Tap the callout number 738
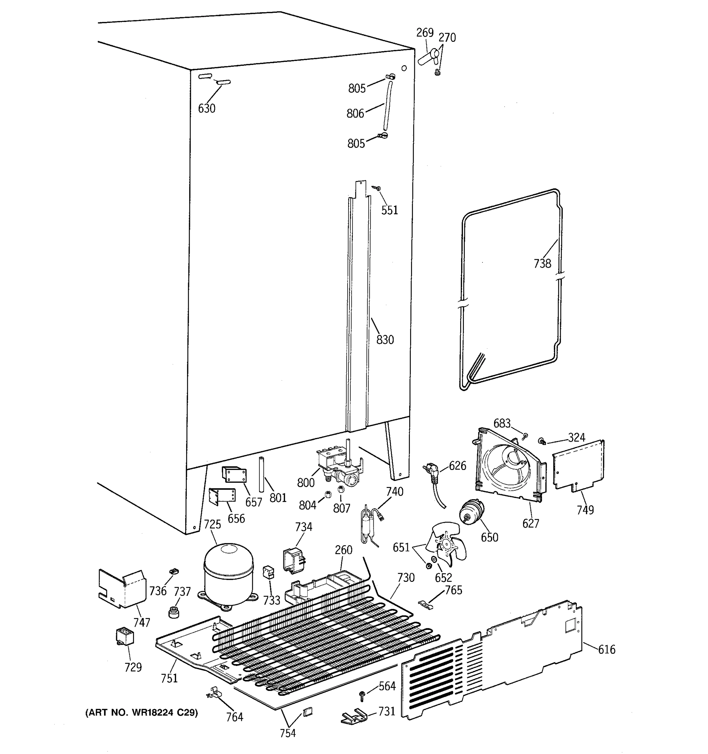542,263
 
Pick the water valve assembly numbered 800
338,467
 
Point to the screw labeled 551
377,188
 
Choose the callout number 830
385,339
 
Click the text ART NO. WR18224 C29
141,713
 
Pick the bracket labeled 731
354,716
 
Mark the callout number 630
207,108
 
